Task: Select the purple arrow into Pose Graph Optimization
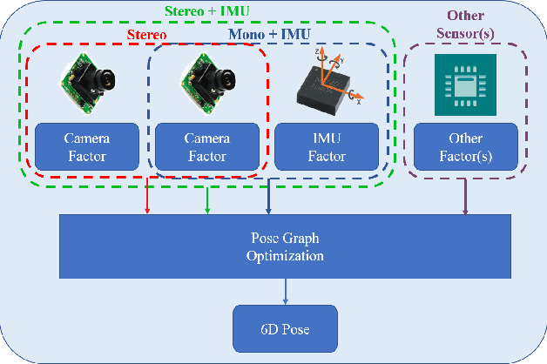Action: pos(467,199)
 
